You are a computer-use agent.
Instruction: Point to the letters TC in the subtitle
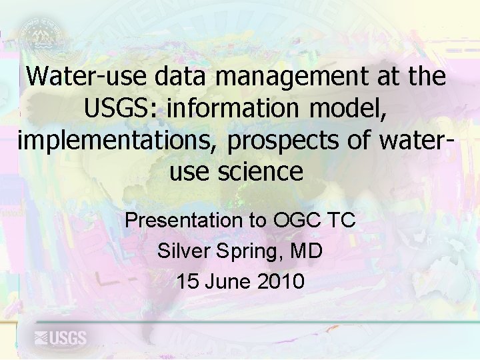coord(343,220)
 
